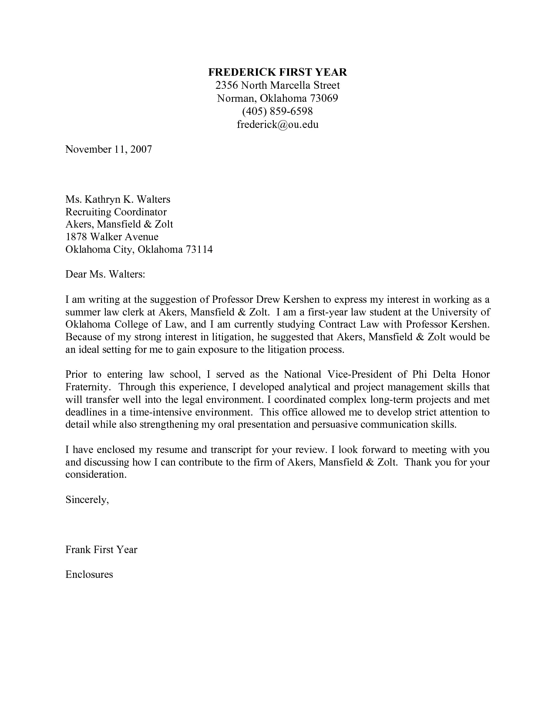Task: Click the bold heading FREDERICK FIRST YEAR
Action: click(x=277, y=72)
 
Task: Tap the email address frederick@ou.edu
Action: click(x=277, y=124)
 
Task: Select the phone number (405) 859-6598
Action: click(x=277, y=111)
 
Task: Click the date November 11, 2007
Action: click(x=108, y=149)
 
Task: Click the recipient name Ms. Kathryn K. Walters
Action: click(x=118, y=199)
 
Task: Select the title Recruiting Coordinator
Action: click(x=116, y=212)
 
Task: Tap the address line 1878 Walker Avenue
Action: click(x=112, y=237)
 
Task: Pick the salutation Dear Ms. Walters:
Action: click(x=104, y=275)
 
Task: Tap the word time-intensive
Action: click(x=161, y=412)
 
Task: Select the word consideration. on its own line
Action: click(x=96, y=475)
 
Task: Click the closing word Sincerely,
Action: click(x=87, y=500)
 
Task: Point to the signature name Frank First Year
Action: click(x=101, y=550)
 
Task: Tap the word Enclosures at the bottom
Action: click(x=89, y=574)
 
